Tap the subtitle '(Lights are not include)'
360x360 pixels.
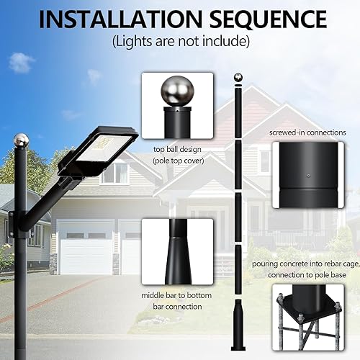click(179, 41)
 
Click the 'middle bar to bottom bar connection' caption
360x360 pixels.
click(178, 301)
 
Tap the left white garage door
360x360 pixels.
click(85, 248)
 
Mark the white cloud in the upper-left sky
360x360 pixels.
click(21, 63)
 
